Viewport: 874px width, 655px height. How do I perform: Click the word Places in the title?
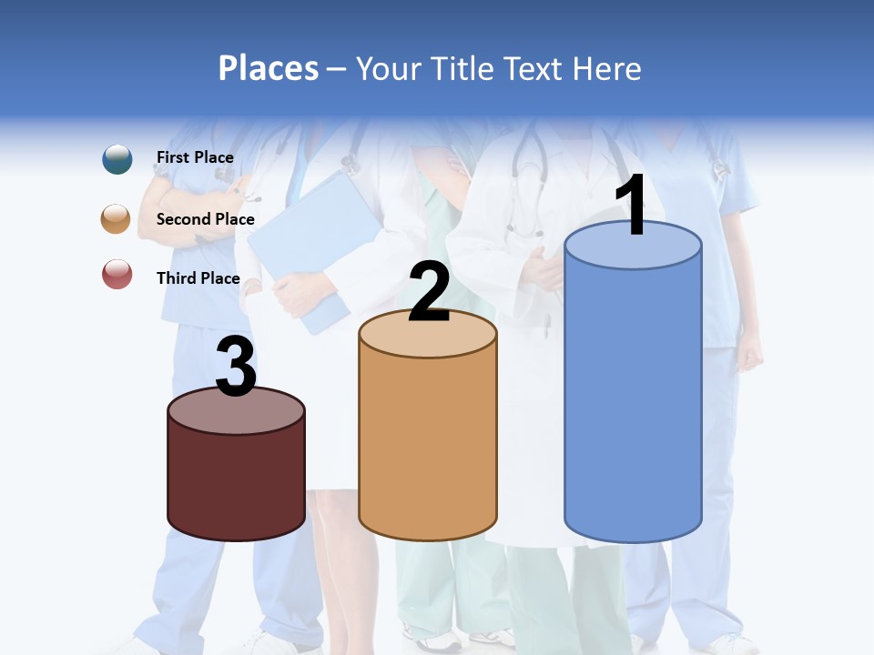pos(268,68)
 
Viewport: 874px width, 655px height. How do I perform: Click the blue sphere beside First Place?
pos(117,158)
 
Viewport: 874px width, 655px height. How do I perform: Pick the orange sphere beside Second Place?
pos(117,219)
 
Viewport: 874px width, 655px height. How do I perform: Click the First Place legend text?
pos(195,157)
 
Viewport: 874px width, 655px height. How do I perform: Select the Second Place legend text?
pos(205,219)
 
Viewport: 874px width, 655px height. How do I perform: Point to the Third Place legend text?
pos(198,278)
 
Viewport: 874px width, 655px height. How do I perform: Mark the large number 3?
pos(236,368)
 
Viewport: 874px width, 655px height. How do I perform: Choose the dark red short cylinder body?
pos(237,482)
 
